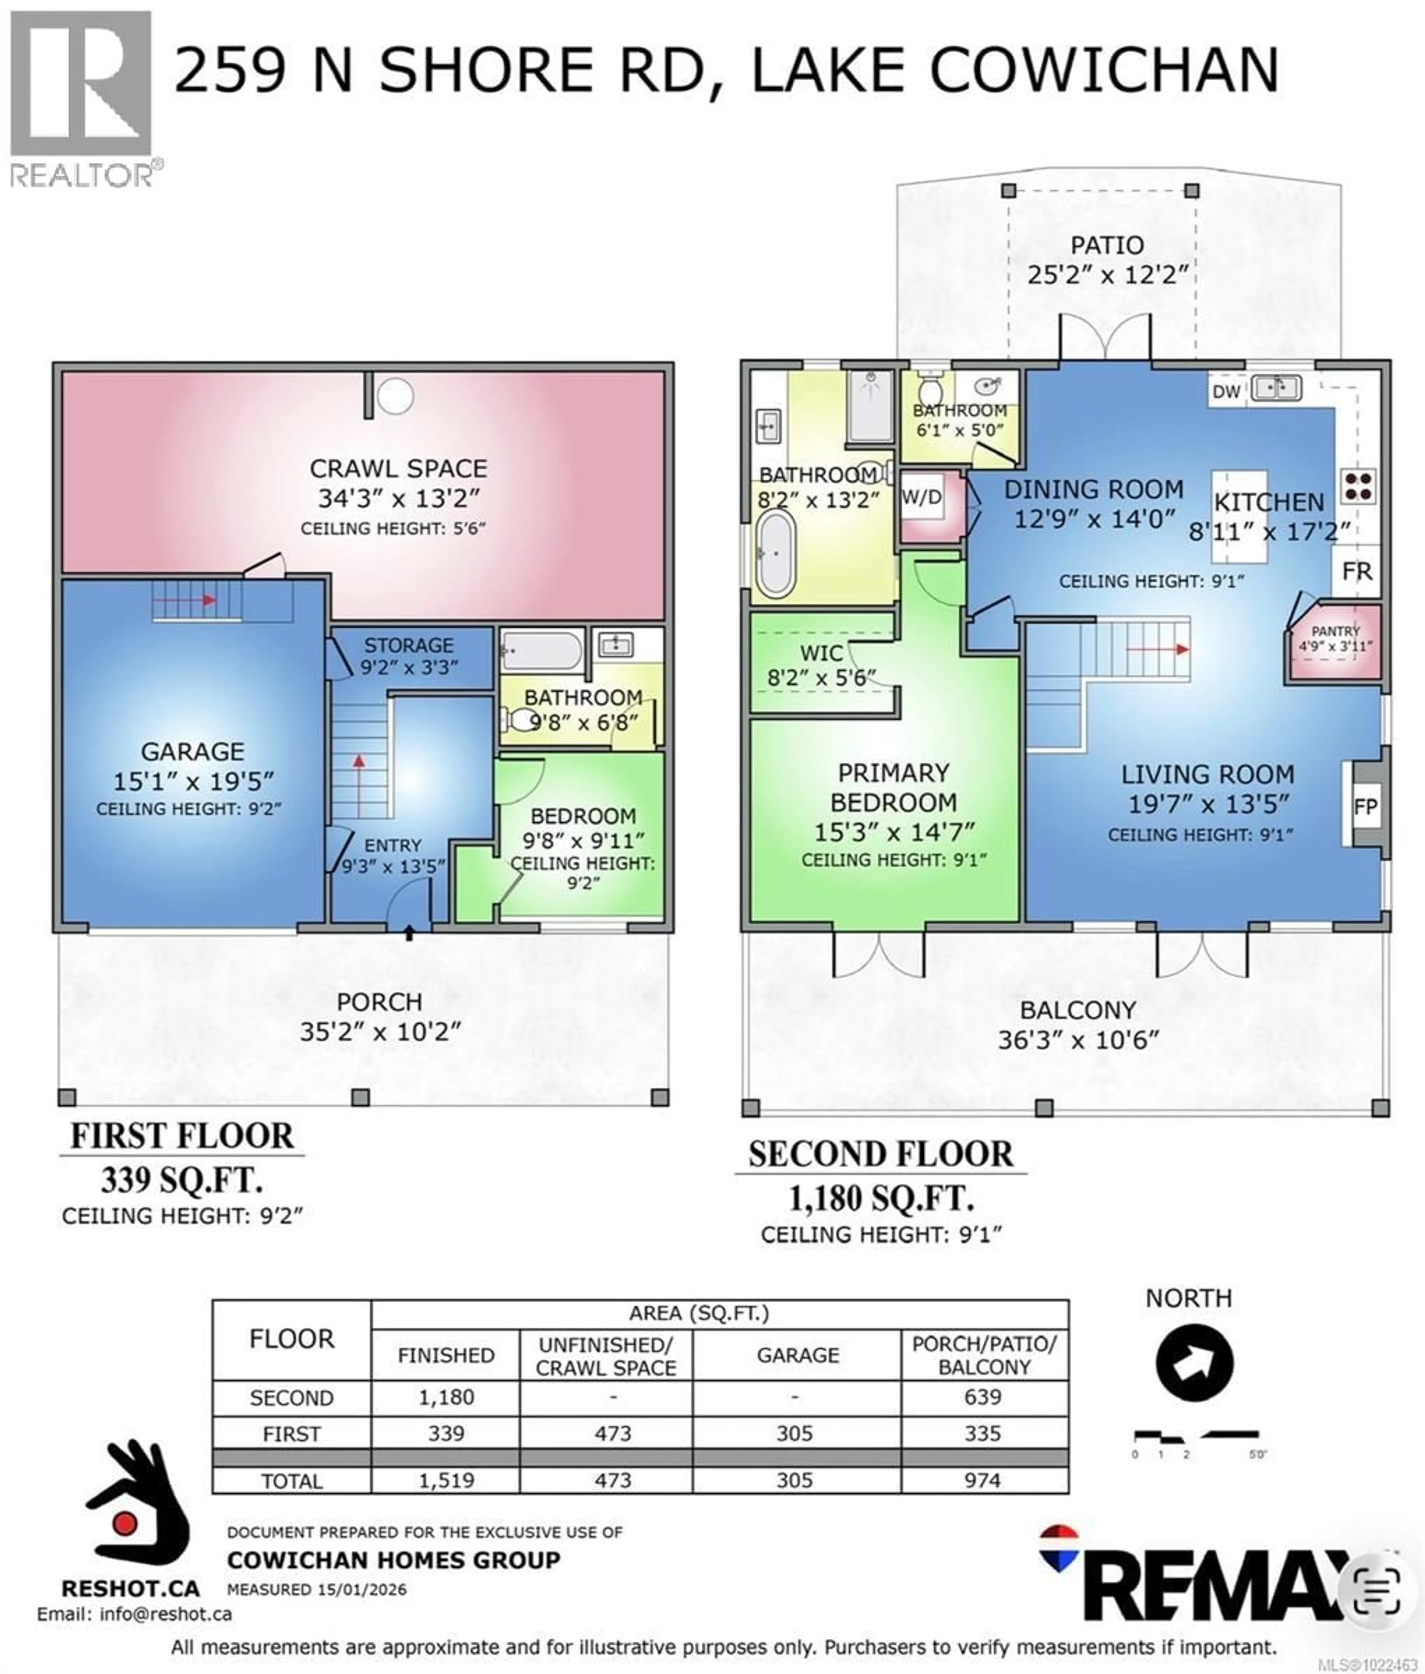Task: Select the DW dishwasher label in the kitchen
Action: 1225,392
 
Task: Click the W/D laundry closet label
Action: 922,497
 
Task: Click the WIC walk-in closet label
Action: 821,652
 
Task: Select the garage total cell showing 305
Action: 795,1480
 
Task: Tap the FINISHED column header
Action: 446,1355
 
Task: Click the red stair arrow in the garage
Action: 198,600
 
